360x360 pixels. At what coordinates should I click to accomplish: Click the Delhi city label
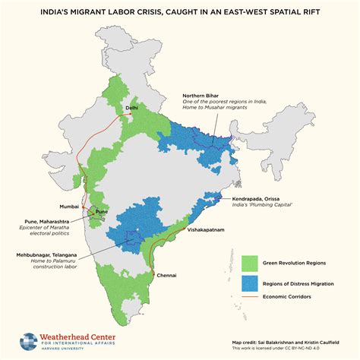(131, 109)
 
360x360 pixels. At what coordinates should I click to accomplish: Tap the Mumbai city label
(68, 206)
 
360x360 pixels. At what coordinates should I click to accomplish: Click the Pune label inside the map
(100, 212)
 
